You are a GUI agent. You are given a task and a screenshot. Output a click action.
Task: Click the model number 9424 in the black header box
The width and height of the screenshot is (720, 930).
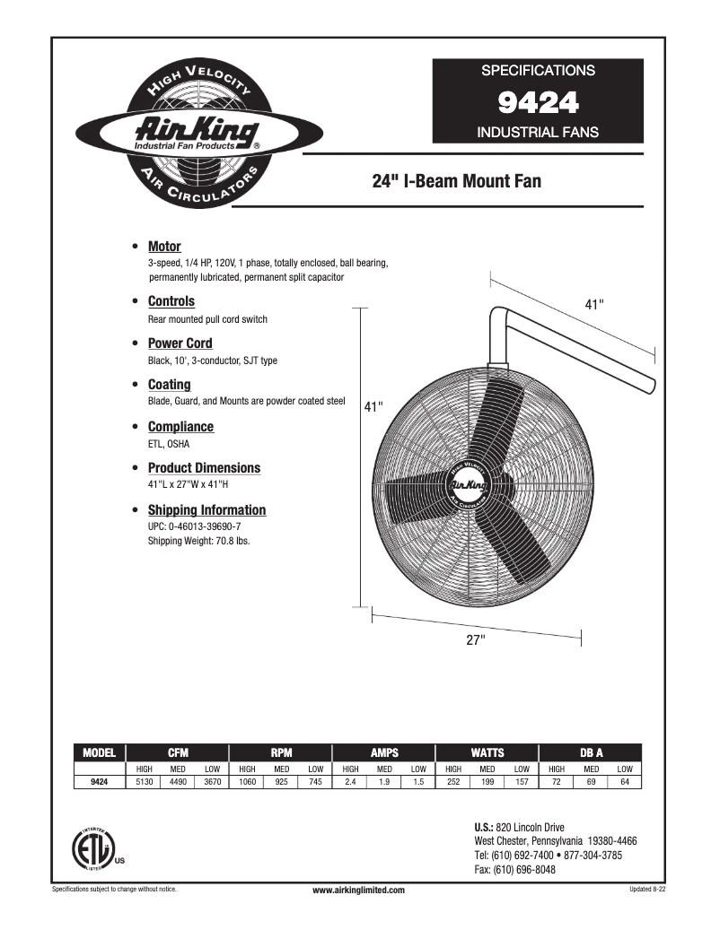click(x=538, y=103)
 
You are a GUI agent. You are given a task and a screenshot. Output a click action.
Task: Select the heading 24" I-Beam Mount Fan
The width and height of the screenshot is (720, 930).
click(x=456, y=182)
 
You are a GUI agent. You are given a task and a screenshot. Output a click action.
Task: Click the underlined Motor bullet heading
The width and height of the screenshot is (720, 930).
click(x=164, y=247)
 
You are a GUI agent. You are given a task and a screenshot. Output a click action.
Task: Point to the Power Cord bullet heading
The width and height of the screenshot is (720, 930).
click(x=180, y=343)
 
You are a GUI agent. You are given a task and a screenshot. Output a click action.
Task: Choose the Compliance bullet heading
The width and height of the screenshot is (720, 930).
click(x=180, y=427)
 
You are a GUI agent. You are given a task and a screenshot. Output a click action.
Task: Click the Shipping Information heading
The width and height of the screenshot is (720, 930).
click(x=206, y=510)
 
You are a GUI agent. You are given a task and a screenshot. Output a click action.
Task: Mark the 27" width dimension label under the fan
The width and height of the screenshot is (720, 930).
click(x=476, y=639)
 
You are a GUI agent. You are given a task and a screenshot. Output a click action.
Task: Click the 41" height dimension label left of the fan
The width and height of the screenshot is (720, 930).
click(x=373, y=407)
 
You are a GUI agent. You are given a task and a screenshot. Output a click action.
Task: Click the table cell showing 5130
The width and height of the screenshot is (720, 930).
click(x=144, y=782)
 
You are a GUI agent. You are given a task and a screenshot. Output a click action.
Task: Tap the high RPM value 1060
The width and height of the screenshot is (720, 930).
click(x=247, y=782)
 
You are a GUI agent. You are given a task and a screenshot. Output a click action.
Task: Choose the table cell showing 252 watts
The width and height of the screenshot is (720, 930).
click(x=453, y=782)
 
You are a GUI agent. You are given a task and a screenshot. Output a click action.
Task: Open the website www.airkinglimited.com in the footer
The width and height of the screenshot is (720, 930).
click(x=359, y=890)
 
